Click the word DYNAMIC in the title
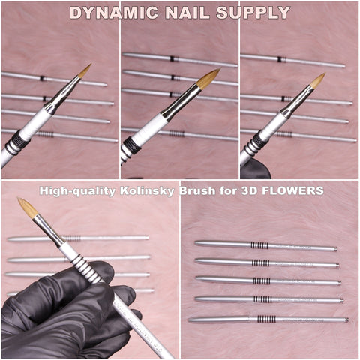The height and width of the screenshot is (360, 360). coord(113,13)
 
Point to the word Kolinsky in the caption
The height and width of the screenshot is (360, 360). coord(145,191)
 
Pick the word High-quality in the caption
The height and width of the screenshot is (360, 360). coord(78,191)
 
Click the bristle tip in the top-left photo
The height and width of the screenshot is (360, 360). coord(84,70)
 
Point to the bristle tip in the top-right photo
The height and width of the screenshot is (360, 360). coord(318,79)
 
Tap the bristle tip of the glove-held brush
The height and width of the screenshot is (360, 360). coord(28,208)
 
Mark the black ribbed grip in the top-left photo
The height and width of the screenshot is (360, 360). coord(18,142)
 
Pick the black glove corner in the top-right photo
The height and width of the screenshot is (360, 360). coord(257,169)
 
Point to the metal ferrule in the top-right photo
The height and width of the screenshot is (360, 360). coord(295,103)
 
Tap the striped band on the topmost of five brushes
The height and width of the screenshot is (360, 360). coord(259,245)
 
